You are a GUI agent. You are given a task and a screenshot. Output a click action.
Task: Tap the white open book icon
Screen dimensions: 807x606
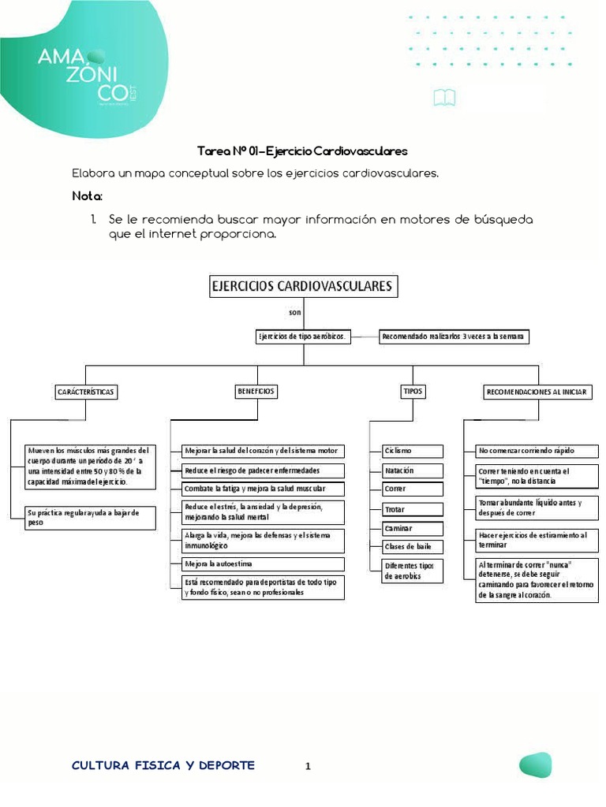click(444, 98)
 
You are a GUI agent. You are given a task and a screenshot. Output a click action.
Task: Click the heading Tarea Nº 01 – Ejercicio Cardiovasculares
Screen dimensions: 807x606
click(302, 151)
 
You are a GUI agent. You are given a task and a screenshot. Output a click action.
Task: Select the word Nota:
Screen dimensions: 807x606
click(88, 195)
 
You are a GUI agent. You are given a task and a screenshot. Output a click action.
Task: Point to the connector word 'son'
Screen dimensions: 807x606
click(295, 313)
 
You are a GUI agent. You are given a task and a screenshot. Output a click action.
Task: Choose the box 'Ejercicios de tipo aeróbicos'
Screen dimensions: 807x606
click(302, 337)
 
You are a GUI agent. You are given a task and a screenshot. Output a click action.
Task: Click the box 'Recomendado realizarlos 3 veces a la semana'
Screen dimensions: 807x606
click(453, 337)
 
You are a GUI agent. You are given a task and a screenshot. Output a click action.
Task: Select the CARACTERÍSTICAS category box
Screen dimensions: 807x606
click(86, 391)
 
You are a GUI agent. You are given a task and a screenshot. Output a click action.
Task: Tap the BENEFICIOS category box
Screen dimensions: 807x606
click(256, 390)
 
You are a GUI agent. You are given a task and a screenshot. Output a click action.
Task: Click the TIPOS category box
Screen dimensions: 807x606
click(413, 390)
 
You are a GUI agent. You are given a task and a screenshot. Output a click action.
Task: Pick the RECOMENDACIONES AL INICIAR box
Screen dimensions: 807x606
click(537, 391)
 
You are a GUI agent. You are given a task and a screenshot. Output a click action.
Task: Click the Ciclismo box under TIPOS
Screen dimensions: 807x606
click(413, 451)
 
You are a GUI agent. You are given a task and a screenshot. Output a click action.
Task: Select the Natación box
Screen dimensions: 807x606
click(413, 470)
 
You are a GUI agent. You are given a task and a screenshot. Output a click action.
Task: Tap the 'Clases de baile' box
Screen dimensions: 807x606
click(413, 546)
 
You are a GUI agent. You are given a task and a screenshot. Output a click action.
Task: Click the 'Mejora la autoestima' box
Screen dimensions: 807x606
click(263, 564)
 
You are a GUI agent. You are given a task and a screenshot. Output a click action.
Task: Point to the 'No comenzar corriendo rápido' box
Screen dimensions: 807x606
click(537, 451)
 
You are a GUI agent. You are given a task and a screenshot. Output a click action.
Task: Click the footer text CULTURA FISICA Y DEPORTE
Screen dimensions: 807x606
click(163, 765)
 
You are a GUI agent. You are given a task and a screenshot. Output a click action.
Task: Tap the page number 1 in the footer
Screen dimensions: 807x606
click(309, 766)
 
